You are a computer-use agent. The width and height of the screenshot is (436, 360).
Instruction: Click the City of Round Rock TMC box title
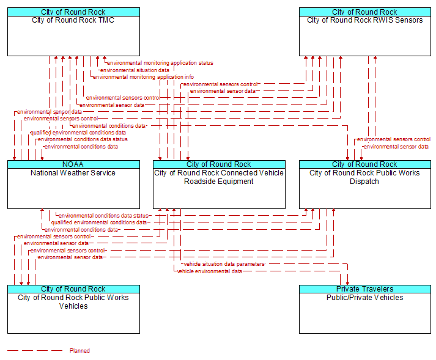pyautogui.click(x=73, y=20)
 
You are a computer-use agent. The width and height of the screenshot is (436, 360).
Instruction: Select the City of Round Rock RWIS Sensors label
pyautogui.click(x=365, y=20)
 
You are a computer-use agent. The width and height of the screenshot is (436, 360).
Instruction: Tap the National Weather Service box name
pyautogui.click(x=73, y=173)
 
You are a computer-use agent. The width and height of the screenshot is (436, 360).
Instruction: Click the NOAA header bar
pyautogui.click(x=73, y=164)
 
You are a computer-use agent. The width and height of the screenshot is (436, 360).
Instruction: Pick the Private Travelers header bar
pyautogui.click(x=365, y=289)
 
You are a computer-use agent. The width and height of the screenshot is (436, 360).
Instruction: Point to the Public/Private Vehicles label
pyautogui.click(x=365, y=298)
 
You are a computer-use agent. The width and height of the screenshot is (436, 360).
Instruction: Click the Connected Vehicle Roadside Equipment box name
pyautogui.click(x=219, y=177)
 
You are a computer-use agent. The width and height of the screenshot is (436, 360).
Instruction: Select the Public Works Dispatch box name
pyautogui.click(x=364, y=177)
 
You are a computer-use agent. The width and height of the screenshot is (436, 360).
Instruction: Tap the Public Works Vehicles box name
pyautogui.click(x=73, y=302)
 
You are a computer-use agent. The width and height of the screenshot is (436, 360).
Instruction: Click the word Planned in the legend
pyautogui.click(x=79, y=351)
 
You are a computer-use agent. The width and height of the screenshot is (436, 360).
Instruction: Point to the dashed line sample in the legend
pyautogui.click(x=35, y=351)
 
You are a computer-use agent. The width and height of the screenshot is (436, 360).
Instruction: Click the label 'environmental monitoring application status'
pyautogui.click(x=160, y=63)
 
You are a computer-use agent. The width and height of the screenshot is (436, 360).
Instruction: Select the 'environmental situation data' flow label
pyautogui.click(x=135, y=70)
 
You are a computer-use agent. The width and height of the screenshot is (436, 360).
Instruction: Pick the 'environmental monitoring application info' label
pyautogui.click(x=144, y=77)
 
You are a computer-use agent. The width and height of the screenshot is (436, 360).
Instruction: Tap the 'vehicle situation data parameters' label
pyautogui.click(x=224, y=264)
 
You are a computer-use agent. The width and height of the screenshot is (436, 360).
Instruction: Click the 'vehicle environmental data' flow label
pyautogui.click(x=209, y=271)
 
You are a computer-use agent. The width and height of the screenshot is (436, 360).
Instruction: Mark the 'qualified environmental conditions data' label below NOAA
pyautogui.click(x=98, y=222)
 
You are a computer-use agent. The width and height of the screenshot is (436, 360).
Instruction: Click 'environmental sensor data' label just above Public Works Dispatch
pyautogui.click(x=396, y=147)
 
